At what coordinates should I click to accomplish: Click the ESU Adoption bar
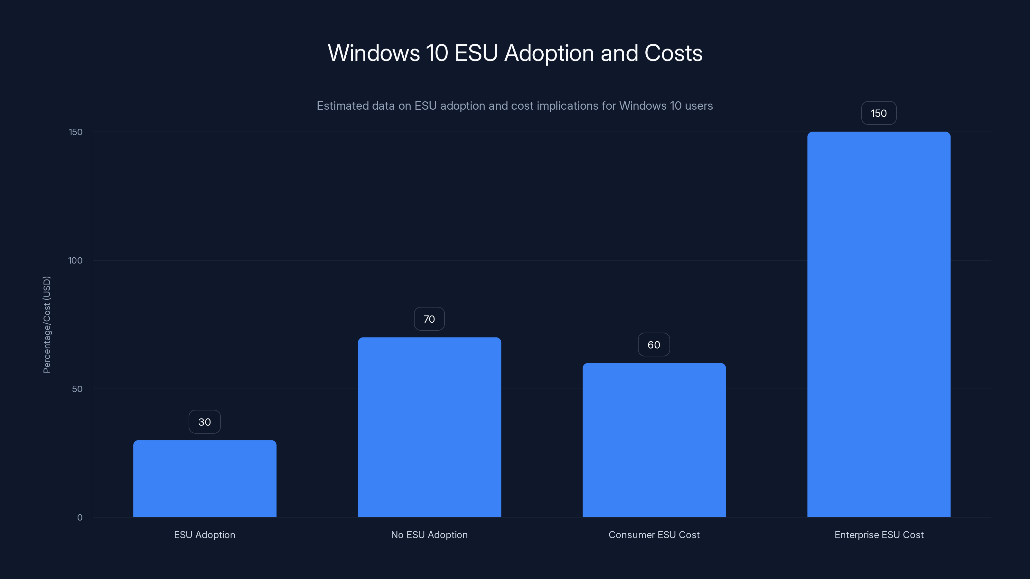coord(205,478)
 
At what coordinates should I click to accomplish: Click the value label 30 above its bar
coord(205,422)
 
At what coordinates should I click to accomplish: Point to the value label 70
coord(429,319)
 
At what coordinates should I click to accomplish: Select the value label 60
coord(654,345)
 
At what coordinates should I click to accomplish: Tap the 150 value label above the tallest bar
coord(878,114)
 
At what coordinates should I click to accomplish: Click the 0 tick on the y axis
coord(80,518)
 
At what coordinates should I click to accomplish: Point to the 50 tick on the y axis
coord(77,389)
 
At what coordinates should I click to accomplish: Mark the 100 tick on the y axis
coord(75,261)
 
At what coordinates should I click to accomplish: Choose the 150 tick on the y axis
coord(76,132)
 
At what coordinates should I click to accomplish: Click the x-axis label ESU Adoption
coord(205,535)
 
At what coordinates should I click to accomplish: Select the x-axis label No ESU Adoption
coord(429,535)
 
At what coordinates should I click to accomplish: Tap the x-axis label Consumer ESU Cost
coord(654,535)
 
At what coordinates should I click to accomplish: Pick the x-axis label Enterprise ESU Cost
coord(879,535)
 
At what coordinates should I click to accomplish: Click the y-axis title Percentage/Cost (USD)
coord(47,325)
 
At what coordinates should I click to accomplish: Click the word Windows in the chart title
coord(373,53)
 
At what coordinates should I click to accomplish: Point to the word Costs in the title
coord(673,53)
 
